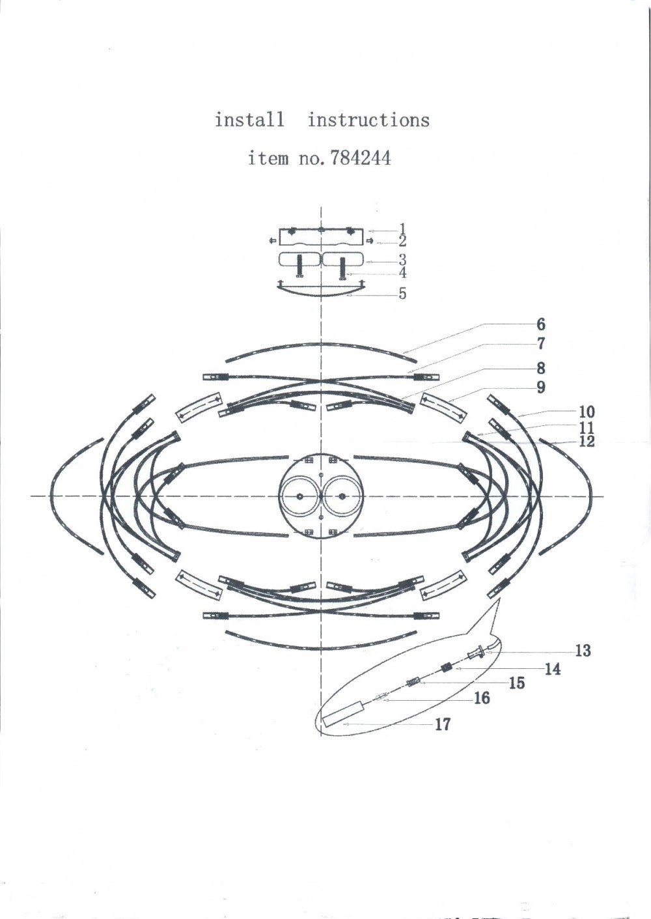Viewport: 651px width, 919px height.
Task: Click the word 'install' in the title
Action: (x=250, y=120)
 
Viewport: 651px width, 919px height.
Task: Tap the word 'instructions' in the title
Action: (x=368, y=120)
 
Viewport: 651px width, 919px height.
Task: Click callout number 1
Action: (x=402, y=229)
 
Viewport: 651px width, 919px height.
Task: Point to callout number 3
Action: (x=402, y=259)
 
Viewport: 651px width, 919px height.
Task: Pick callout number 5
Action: (x=402, y=293)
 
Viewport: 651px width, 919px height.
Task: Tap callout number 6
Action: (x=541, y=324)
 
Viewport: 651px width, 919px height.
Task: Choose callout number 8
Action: (x=541, y=368)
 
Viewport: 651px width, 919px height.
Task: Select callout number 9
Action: (x=541, y=387)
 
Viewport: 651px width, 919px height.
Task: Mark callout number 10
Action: (x=587, y=411)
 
